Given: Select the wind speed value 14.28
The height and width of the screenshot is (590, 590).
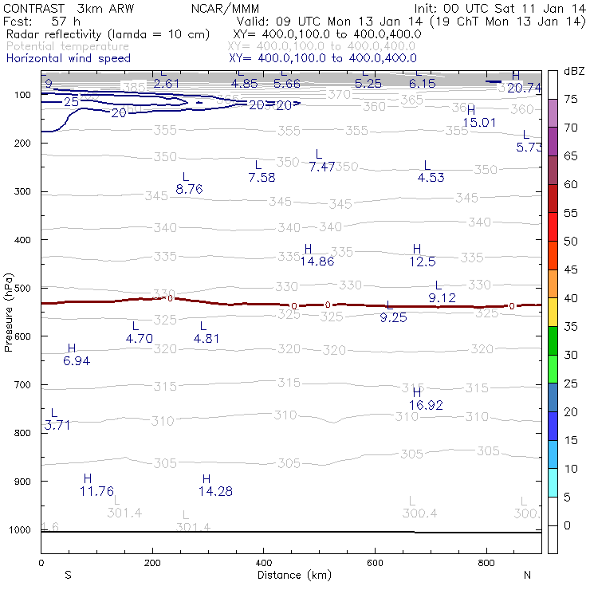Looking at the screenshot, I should tap(215, 491).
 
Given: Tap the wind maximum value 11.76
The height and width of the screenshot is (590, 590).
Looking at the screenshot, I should tap(96, 491).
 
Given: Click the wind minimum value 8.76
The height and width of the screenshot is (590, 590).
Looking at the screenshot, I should tap(189, 189).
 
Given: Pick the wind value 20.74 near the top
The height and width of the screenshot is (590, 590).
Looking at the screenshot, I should tap(524, 88).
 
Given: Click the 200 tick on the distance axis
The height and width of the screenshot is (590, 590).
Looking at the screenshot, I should tap(151, 563).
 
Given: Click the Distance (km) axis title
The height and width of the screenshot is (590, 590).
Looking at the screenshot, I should tap(289, 575).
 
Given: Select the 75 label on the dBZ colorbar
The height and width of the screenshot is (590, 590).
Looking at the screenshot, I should tap(571, 99).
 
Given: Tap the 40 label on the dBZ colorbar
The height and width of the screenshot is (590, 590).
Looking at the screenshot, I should tap(571, 298).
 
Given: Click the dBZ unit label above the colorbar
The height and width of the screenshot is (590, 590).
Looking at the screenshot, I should tap(572, 71).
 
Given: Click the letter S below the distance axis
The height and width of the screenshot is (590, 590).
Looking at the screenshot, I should tap(69, 575).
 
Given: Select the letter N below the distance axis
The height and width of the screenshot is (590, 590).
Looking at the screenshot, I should tap(527, 575).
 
